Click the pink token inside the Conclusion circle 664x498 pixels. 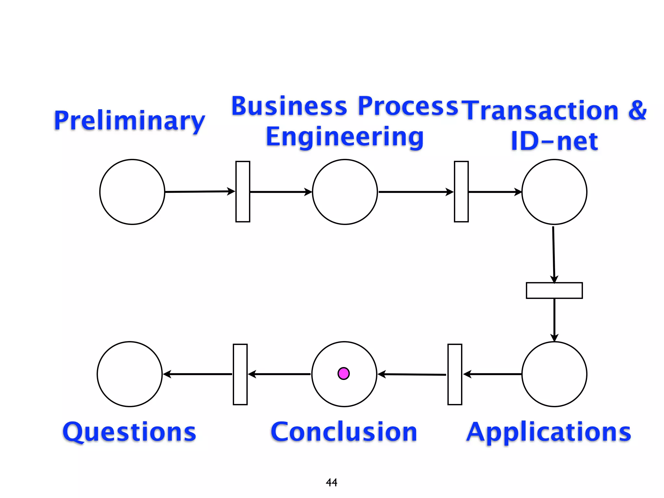coord(343,373)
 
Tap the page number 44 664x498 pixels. coord(331,482)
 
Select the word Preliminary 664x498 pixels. coord(129,120)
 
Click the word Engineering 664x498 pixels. coord(345,137)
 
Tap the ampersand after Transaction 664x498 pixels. coord(637,111)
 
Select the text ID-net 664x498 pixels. coord(554,141)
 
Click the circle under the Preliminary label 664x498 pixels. coord(132,192)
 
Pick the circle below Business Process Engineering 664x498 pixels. coord(345,192)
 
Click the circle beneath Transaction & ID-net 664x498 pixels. coord(554,192)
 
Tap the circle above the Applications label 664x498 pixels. coord(554,374)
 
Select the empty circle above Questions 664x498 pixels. coord(130,374)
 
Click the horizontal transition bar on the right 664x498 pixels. coord(554,290)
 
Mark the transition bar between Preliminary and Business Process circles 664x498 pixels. coord(243,191)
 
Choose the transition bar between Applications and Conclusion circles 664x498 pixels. coord(455,374)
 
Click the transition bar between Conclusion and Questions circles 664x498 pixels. coord(240,374)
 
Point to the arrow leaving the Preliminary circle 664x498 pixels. coord(199,192)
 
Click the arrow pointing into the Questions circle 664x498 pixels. coord(198,374)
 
